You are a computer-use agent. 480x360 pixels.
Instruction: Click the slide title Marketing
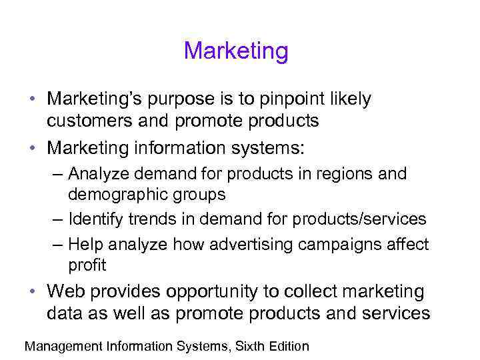click(236, 51)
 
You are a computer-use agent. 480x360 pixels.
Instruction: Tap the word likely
click(353, 100)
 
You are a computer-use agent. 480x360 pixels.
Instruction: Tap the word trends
click(155, 219)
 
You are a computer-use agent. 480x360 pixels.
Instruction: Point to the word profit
click(87, 265)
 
